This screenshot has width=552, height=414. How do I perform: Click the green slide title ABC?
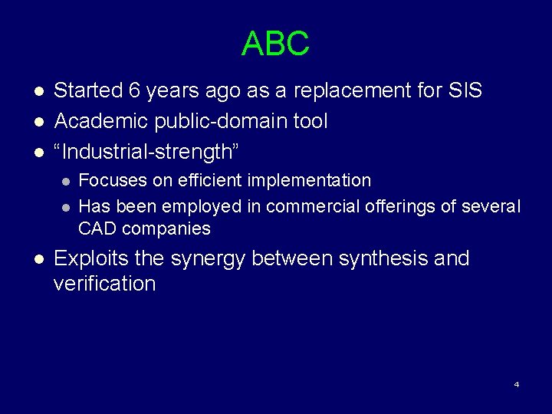point(275,44)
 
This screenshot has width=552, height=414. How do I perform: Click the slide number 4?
point(517,384)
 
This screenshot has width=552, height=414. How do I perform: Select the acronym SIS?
point(463,90)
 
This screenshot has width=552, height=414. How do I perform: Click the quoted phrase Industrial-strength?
point(146,152)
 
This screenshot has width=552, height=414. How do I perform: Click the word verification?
point(104,284)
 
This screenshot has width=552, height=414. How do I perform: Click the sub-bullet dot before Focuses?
point(66,182)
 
